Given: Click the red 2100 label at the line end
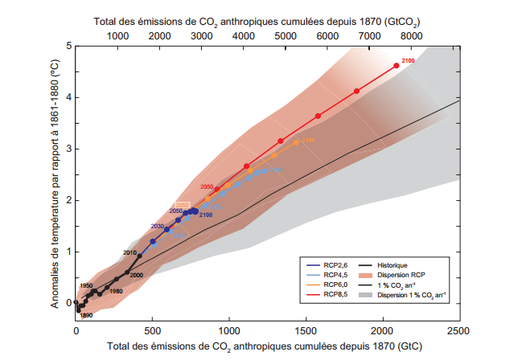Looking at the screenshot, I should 407,61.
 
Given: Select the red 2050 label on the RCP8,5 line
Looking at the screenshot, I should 207,186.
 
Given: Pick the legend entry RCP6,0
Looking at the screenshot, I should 335,285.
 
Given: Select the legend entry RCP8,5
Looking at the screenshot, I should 335,295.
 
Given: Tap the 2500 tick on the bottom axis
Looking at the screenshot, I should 459,329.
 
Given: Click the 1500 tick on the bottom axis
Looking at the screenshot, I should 306,329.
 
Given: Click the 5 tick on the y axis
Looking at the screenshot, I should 69,46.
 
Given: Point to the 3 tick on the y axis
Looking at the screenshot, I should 69,149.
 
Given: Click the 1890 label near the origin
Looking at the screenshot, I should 87,315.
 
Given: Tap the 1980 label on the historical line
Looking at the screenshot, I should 116,291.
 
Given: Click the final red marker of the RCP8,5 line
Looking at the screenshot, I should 397,66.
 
